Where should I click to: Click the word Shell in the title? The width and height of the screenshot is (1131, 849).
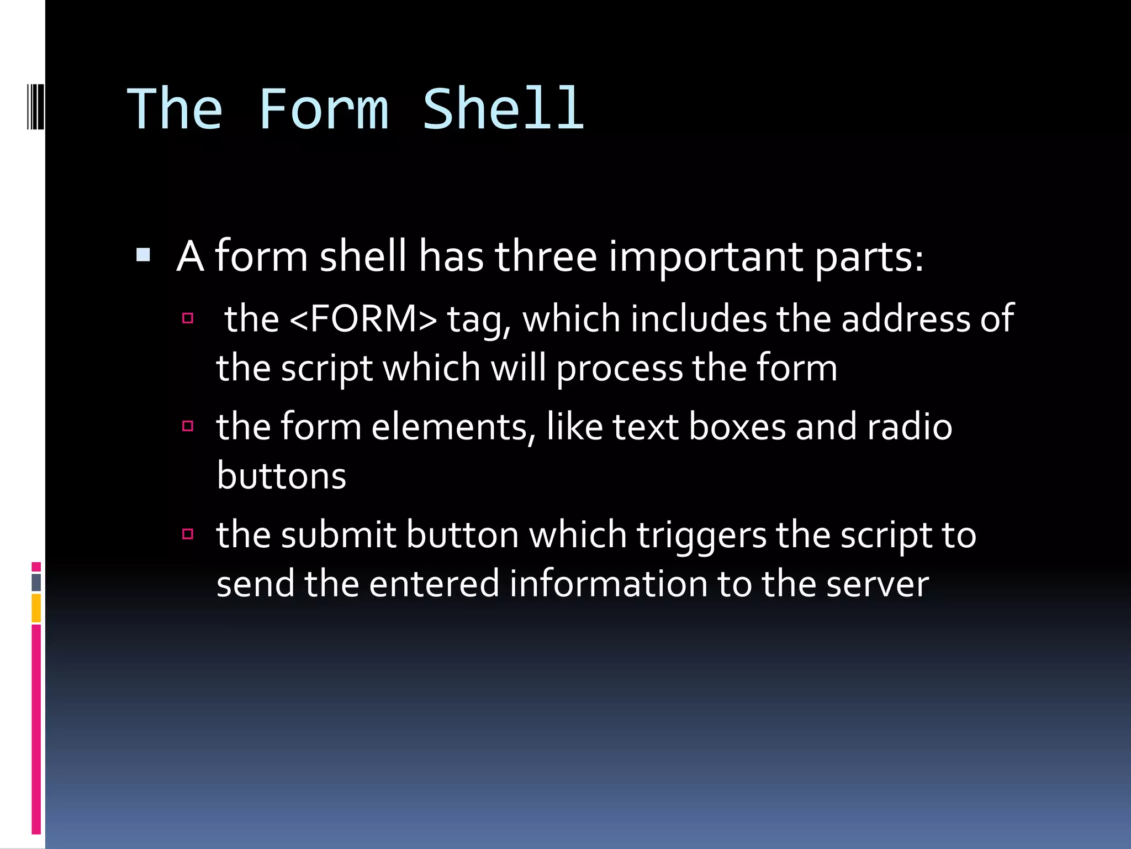pos(503,109)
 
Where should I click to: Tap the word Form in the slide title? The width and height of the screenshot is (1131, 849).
pos(323,109)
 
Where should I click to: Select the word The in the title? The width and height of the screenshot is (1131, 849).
pos(175,109)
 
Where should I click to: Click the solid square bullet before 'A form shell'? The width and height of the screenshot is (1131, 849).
pos(143,255)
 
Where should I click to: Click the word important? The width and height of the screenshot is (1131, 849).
pos(706,257)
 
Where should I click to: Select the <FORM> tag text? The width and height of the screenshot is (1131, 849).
pos(363,319)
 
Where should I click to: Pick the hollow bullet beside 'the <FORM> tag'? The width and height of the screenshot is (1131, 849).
pos(188,318)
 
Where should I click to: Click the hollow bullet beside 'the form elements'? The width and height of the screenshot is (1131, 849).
pos(188,426)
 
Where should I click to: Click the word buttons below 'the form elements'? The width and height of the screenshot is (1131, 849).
pos(281,476)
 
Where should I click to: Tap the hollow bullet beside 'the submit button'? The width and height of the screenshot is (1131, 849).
pos(188,533)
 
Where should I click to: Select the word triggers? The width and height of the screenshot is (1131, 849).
pos(701,536)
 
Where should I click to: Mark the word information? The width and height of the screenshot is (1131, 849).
pos(608,584)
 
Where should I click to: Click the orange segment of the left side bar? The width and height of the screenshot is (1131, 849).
pos(36,608)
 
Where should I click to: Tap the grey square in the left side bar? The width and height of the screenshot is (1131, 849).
pos(36,582)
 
